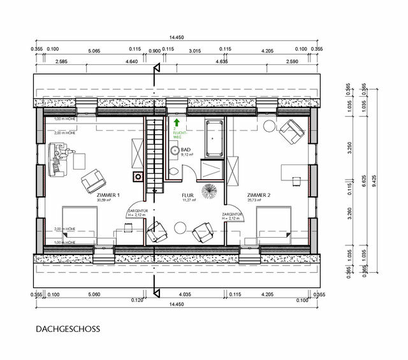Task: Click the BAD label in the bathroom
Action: tap(186, 149)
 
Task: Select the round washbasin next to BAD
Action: tap(175, 150)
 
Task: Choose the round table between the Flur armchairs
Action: tap(180, 226)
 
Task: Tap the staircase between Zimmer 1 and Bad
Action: tap(153, 153)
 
